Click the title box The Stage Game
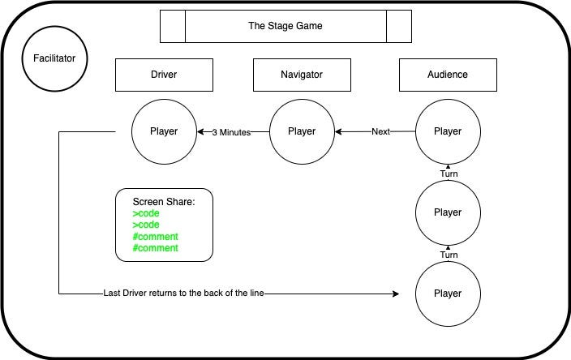(285, 26)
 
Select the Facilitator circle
(54, 58)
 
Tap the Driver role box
(164, 75)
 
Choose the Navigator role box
(302, 75)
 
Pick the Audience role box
(448, 75)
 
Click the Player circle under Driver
(164, 131)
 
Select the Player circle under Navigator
(302, 131)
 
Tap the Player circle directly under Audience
(448, 131)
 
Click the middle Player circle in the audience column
(448, 212)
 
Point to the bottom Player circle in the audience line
(448, 294)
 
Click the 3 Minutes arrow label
(231, 132)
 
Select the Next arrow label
(381, 131)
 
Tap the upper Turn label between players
(449, 174)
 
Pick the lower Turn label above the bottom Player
(449, 255)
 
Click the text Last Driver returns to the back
(184, 294)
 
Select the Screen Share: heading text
(163, 201)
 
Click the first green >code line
(147, 213)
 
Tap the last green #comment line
(155, 248)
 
